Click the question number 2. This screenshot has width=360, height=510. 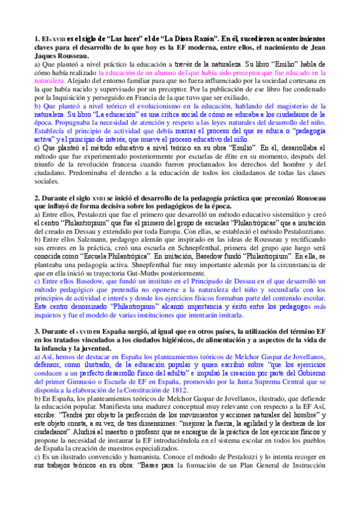[x=37, y=197]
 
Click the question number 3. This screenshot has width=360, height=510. [x=37, y=331]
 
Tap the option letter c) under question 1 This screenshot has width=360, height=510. [x=38, y=146]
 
